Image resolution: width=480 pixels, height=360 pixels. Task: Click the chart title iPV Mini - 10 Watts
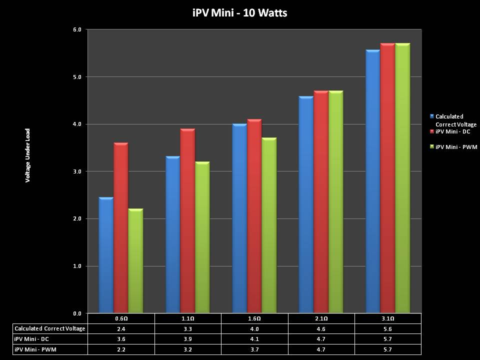click(x=239, y=13)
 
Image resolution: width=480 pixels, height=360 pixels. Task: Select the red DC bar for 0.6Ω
click(x=120, y=227)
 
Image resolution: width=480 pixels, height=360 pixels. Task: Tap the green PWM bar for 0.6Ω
click(x=135, y=260)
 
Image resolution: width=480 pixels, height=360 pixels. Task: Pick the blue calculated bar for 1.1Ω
click(x=172, y=234)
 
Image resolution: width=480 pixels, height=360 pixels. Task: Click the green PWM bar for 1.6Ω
click(x=269, y=225)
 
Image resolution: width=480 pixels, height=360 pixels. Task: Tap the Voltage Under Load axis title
click(x=28, y=155)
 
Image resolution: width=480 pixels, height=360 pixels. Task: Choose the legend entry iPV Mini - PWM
click(x=456, y=147)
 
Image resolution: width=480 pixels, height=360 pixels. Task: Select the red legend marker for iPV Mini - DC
click(x=432, y=131)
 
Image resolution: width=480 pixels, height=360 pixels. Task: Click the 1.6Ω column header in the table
click(x=254, y=318)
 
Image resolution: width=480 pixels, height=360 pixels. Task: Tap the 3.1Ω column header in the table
click(x=388, y=318)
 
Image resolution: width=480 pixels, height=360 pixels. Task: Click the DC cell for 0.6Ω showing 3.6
click(x=121, y=339)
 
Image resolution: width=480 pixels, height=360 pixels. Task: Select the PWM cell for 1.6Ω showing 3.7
click(x=254, y=349)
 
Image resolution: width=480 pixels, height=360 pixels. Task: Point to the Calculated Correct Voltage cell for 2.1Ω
click(x=321, y=328)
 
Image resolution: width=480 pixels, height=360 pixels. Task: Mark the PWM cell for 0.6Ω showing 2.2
click(x=121, y=349)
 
